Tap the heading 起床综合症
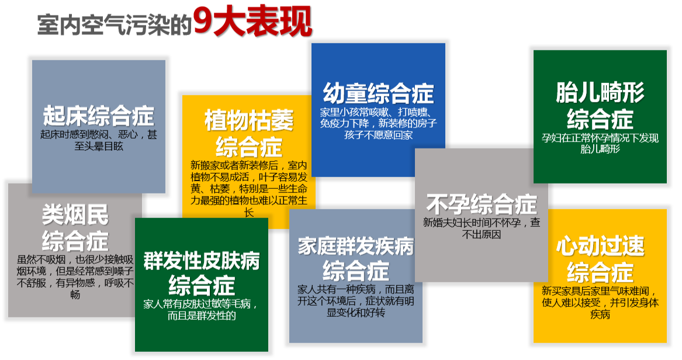point(98,115)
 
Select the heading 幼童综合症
point(378,93)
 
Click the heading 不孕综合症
point(482,204)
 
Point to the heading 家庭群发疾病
point(355,246)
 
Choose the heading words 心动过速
point(600,246)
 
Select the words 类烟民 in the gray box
point(75,215)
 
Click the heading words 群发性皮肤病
point(201,260)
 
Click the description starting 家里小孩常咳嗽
point(378,123)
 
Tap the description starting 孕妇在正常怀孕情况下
point(600,144)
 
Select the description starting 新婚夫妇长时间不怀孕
point(482,229)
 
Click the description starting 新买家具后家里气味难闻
point(600,302)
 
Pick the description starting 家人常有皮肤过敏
point(201,310)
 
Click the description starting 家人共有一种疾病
point(355,300)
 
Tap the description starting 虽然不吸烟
point(75,277)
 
